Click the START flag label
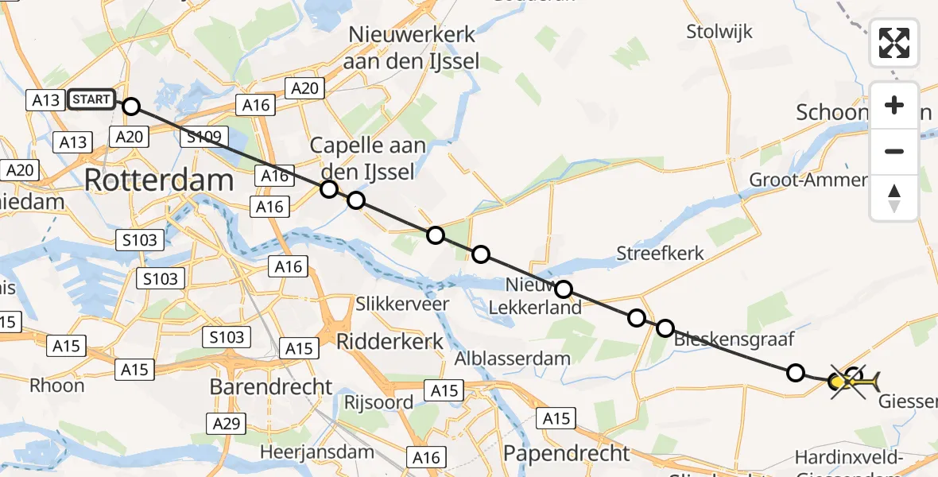91,99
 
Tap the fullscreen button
894,43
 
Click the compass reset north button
894,198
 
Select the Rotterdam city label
158,180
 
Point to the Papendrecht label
567,453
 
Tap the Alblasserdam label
512,358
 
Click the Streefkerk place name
661,254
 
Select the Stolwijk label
719,32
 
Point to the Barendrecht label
271,386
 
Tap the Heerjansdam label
317,452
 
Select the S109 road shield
205,138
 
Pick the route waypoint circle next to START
131,107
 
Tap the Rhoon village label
56,386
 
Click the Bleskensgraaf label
734,339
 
